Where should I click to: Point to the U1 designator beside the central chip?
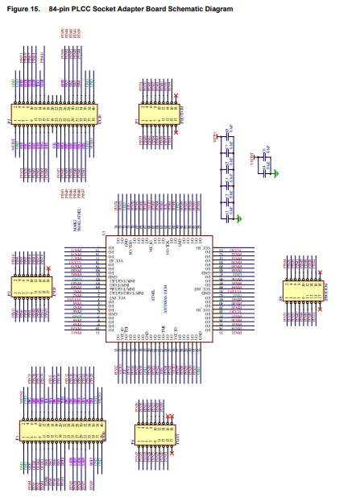tap(102, 234)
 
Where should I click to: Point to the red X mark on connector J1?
tap(50, 269)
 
